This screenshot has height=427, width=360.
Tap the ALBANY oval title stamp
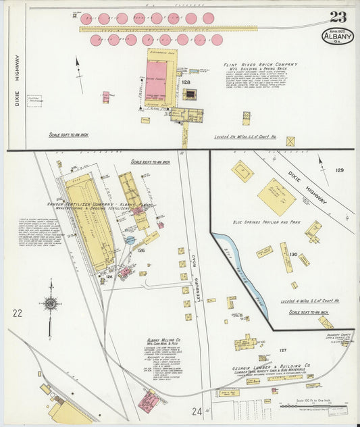tap(337, 36)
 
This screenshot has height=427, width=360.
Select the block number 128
tap(185, 82)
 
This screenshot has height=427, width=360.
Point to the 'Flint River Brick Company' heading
tap(260, 65)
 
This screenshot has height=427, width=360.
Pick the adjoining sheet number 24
tap(197, 410)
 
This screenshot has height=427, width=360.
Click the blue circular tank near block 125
tap(129, 240)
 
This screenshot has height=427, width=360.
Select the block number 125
tap(140, 251)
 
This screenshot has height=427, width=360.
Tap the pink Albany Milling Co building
tap(148, 401)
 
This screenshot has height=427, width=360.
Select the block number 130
tap(293, 254)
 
